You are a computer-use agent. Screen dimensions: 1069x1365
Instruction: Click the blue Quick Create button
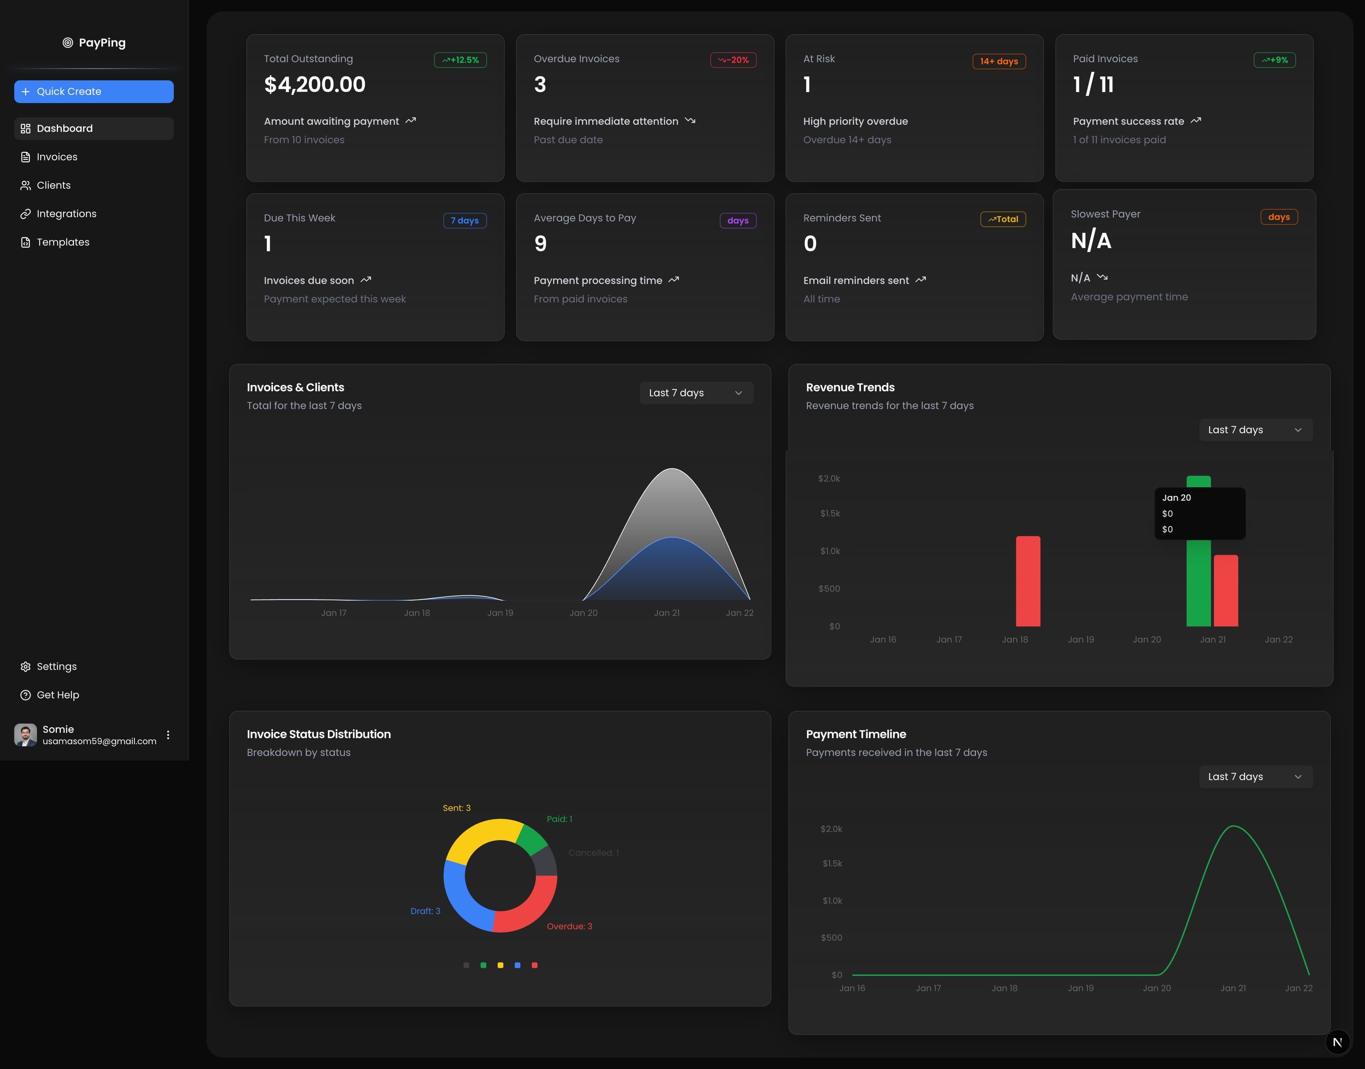coord(94,91)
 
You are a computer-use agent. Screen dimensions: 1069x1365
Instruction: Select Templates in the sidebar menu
coord(63,242)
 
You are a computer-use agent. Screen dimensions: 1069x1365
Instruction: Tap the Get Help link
coord(58,695)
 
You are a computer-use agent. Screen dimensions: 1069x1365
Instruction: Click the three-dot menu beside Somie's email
coord(168,735)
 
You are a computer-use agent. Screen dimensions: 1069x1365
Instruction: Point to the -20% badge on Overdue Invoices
coord(733,60)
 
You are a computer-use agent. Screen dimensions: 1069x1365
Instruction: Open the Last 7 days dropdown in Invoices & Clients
coord(695,393)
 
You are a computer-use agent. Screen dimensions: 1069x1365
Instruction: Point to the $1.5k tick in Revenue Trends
coord(830,513)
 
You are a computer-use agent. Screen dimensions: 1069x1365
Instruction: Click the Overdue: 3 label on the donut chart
coord(569,926)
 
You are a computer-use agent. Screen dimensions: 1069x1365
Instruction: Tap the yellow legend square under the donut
coord(500,965)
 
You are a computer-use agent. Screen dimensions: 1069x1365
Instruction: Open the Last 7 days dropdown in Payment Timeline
coord(1255,777)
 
